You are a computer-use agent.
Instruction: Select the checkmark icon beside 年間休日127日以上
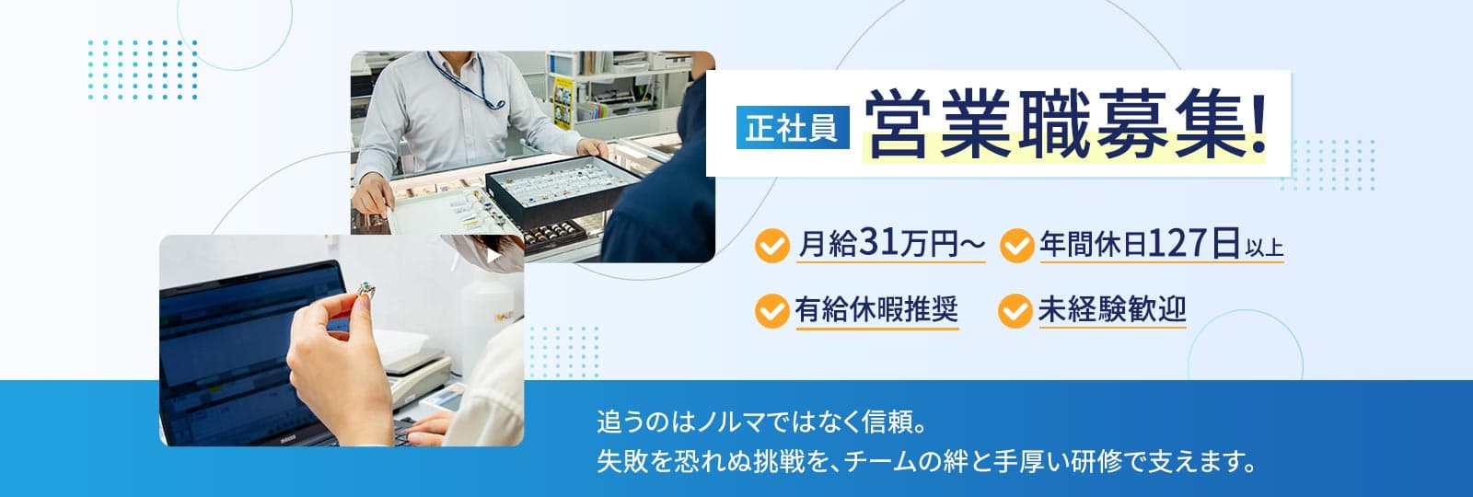pyautogui.click(x=1015, y=246)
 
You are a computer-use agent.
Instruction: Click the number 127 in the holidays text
pyautogui.click(x=1177, y=244)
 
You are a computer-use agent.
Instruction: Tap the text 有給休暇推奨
pyautogui.click(x=876, y=309)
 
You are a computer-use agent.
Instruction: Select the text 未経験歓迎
pyautogui.click(x=1111, y=309)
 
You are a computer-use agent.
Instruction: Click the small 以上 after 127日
pyautogui.click(x=1264, y=247)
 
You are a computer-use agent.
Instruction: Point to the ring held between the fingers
pyautogui.click(x=370, y=292)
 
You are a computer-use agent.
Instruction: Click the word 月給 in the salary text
pyautogui.click(x=827, y=246)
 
